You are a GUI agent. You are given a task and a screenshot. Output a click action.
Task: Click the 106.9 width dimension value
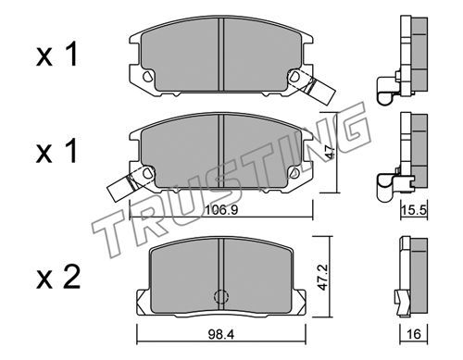click(x=221, y=210)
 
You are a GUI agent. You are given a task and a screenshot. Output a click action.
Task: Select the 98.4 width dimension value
click(x=221, y=334)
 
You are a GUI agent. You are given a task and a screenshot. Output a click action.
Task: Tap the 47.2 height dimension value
click(x=322, y=277)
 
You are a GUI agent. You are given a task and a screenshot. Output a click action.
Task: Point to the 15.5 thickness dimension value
click(x=414, y=210)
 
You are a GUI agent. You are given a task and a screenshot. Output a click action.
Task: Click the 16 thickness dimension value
click(x=414, y=334)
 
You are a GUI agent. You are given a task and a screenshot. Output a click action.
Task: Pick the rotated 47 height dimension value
click(x=330, y=152)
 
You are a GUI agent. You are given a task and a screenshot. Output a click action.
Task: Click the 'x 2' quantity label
click(x=58, y=278)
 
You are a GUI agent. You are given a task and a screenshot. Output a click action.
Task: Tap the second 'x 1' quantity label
click(x=56, y=151)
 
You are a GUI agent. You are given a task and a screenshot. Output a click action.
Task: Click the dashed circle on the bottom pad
click(x=221, y=296)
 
